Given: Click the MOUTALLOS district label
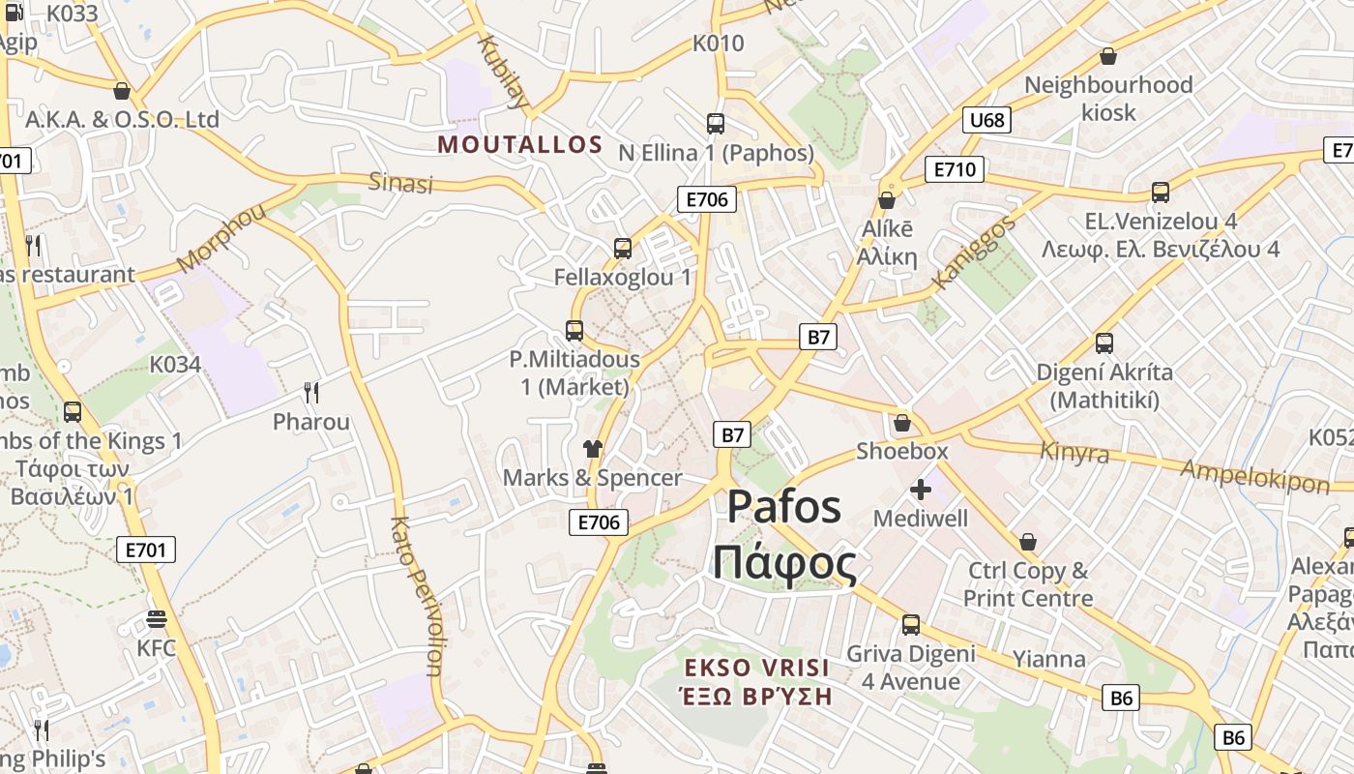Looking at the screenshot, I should coord(520,145).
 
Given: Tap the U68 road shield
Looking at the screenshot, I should coord(986,120).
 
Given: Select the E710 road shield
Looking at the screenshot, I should coord(954,170).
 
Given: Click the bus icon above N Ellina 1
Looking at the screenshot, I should coord(716,124).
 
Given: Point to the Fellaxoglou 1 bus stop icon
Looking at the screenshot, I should coord(623,249).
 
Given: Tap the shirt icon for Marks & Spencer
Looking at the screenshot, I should coord(592,449).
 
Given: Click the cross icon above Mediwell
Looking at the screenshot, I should coord(921,490).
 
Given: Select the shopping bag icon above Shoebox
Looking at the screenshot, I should coord(901,423).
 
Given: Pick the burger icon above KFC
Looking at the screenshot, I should coord(157,619).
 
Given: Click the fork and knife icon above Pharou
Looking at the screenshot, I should coord(311,392).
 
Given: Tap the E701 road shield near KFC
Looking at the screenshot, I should coord(147,551).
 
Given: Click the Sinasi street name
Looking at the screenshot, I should coord(400,183).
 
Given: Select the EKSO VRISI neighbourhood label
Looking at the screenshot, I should coord(756,668).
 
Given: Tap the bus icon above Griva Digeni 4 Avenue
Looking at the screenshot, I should coord(910,625).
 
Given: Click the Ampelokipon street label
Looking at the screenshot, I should coord(1255,476).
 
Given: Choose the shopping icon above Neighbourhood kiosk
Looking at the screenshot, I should coord(1108,57).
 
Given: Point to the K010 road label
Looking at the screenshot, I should coord(718,44).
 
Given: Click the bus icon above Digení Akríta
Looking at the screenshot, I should coord(1104,342).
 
